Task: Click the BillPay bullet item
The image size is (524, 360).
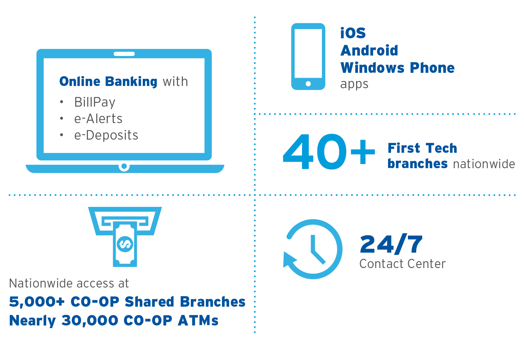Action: pyautogui.click(x=95, y=102)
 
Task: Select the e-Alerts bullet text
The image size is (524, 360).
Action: pyautogui.click(x=98, y=119)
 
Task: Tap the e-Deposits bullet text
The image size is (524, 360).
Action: pyautogui.click(x=106, y=136)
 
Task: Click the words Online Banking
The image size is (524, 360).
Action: pyautogui.click(x=108, y=81)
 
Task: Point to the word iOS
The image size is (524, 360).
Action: pyautogui.click(x=353, y=33)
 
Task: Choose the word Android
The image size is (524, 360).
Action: pyautogui.click(x=369, y=50)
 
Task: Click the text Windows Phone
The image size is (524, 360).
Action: pyautogui.click(x=397, y=68)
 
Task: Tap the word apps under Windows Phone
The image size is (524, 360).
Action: pyautogui.click(x=354, y=84)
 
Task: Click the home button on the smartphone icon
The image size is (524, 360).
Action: pyautogui.click(x=308, y=84)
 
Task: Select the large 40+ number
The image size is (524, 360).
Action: pyautogui.click(x=329, y=152)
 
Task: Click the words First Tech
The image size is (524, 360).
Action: pyautogui.click(x=422, y=148)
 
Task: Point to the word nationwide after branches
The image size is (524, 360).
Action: pyautogui.click(x=484, y=164)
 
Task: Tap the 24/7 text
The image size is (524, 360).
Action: pyautogui.click(x=391, y=244)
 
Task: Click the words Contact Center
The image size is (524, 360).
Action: pyautogui.click(x=402, y=264)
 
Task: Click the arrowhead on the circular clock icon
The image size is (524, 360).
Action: pyautogui.click(x=289, y=259)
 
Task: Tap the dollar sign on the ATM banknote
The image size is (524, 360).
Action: pyautogui.click(x=125, y=244)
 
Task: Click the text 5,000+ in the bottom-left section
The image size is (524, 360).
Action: pyautogui.click(x=37, y=302)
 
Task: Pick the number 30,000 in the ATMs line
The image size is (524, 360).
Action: pyautogui.click(x=90, y=321)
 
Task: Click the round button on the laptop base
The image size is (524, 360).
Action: pyautogui.click(x=124, y=166)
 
